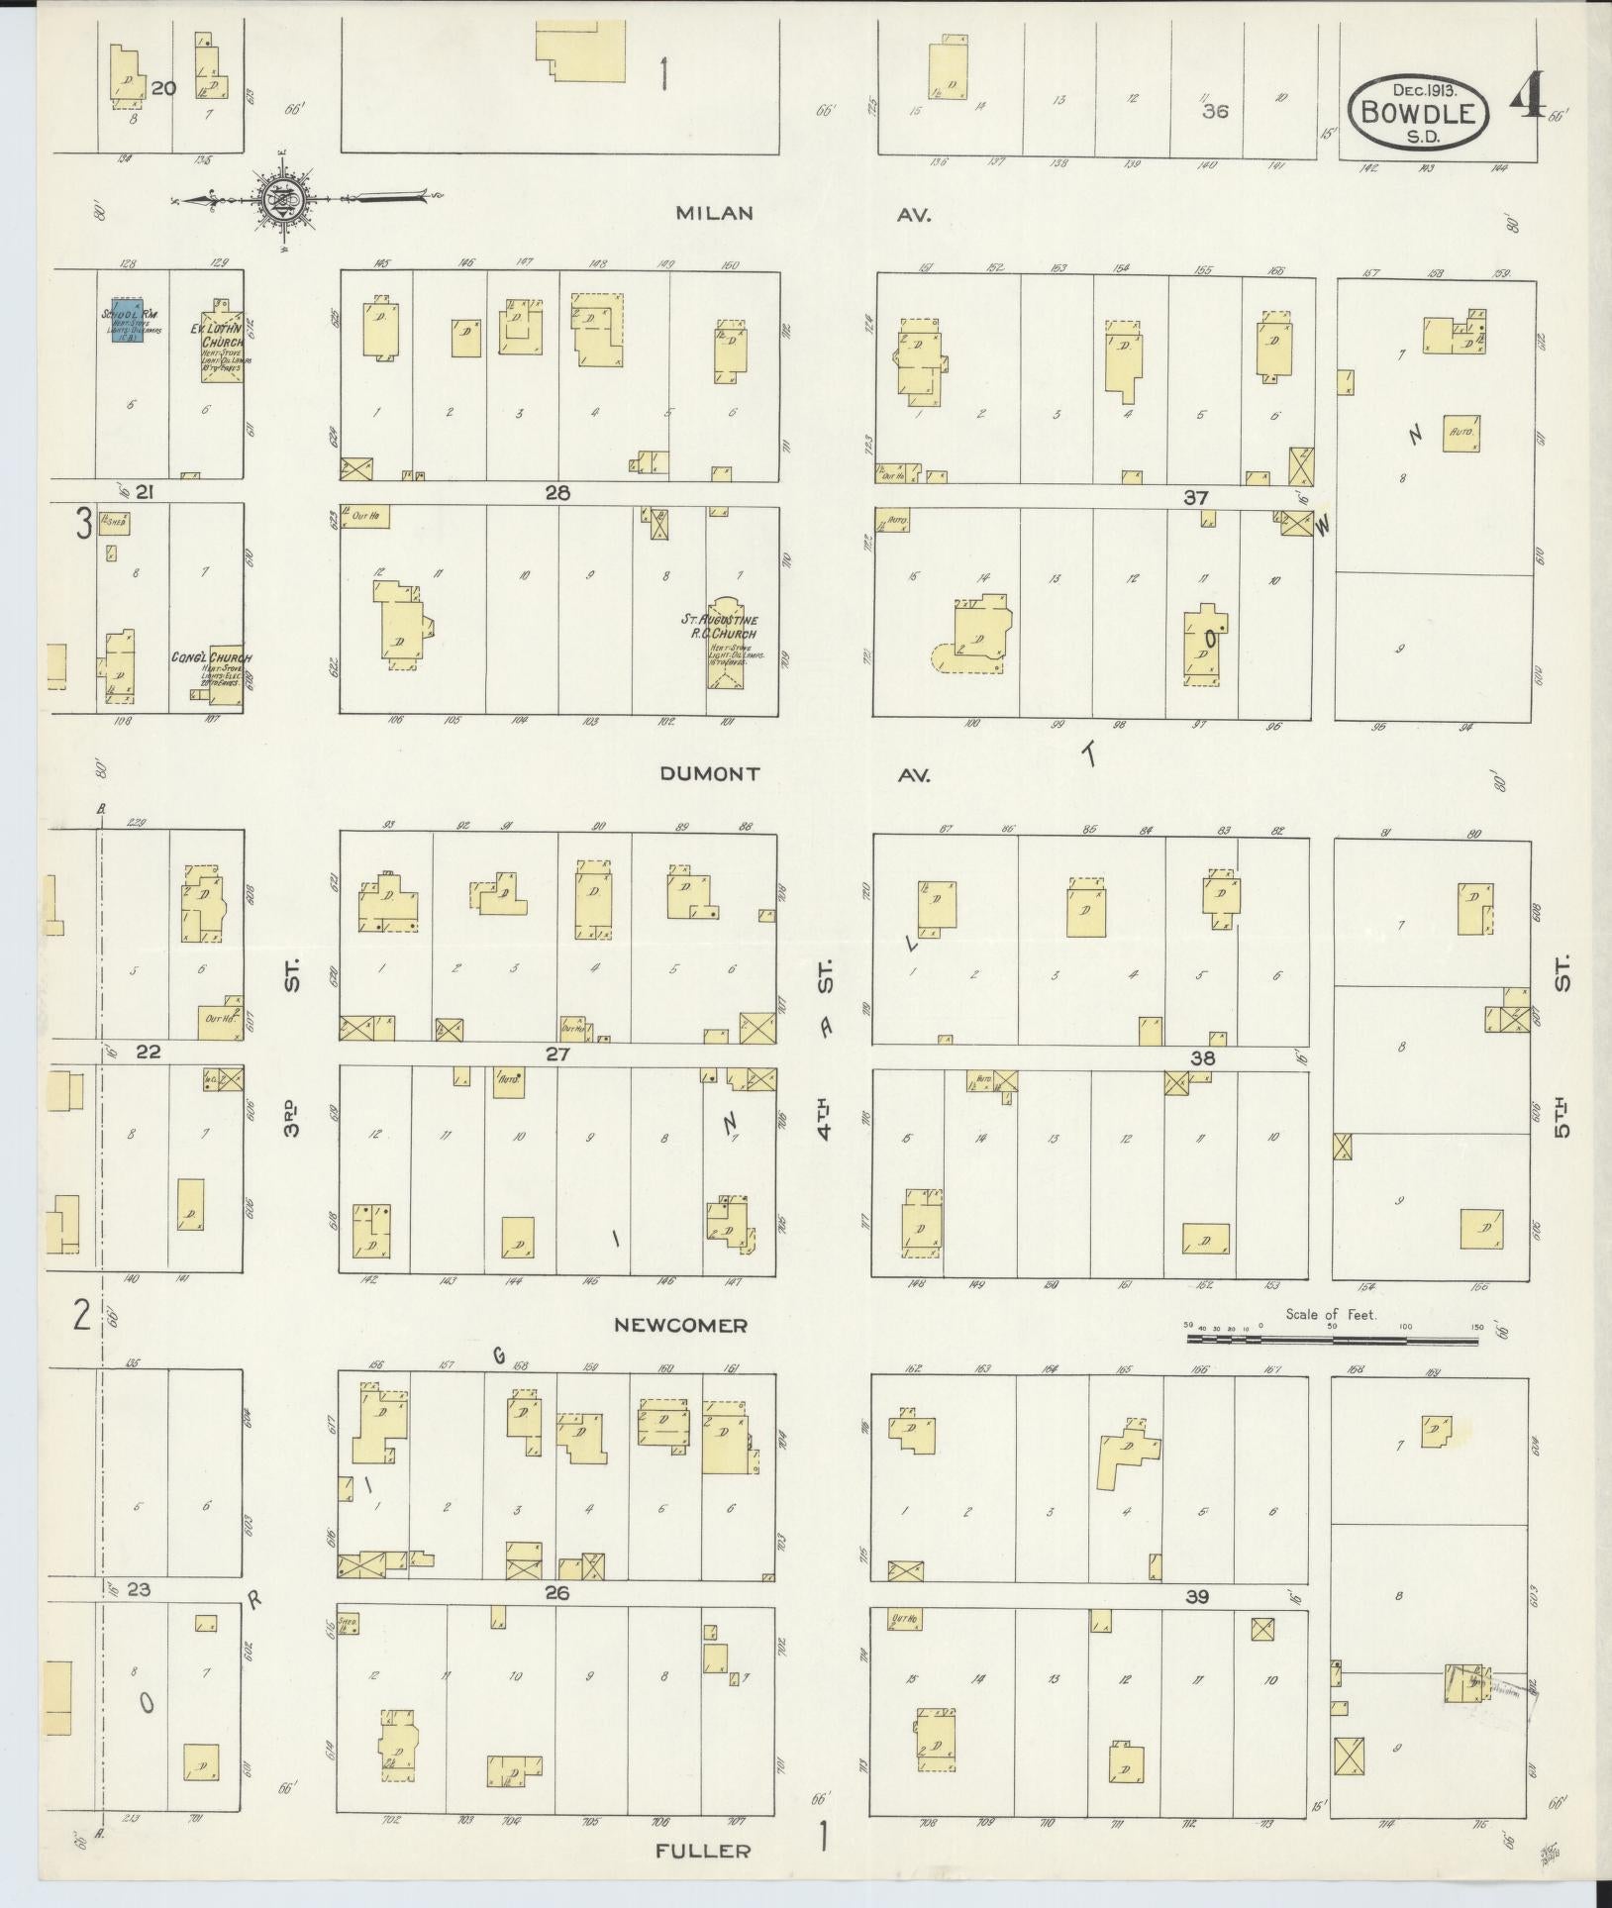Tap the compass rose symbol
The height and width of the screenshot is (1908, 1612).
click(x=281, y=200)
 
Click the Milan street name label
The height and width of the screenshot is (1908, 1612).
click(x=715, y=213)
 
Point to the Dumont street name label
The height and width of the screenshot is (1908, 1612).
click(x=710, y=774)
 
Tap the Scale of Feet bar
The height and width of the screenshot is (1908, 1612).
click(x=1332, y=1340)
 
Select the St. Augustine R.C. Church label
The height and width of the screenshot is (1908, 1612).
click(x=733, y=626)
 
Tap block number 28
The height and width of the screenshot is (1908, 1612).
click(x=557, y=492)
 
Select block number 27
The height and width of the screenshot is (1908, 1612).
click(x=557, y=1054)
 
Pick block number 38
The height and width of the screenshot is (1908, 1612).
click(x=1202, y=1057)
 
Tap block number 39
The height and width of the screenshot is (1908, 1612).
click(x=1198, y=1596)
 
